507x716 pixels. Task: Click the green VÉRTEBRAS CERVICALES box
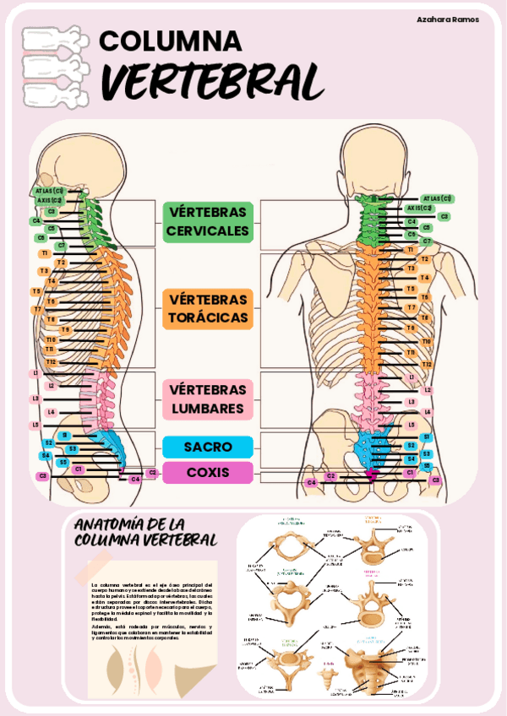point(208,221)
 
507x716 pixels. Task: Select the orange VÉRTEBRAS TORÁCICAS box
point(208,309)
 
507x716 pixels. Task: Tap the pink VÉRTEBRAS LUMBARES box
point(208,399)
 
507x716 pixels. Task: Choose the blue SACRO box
point(208,447)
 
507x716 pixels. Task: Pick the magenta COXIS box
point(208,472)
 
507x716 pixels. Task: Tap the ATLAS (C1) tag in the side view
point(50,191)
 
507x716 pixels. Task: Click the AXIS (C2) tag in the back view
point(420,208)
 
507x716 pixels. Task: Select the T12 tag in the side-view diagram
point(51,361)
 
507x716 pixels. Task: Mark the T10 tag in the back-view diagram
point(427,341)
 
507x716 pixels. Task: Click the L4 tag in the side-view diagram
point(52,412)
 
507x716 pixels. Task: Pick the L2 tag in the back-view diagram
point(428,390)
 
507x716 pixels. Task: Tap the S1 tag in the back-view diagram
point(427,437)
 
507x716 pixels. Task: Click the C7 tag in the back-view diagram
point(427,241)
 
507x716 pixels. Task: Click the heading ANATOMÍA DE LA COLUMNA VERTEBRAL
point(145,530)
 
